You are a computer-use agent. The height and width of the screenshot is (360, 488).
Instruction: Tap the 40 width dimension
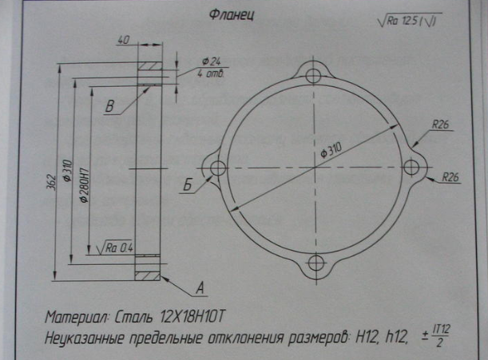coord(124,39)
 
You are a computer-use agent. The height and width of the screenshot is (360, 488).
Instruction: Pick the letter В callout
coord(111,105)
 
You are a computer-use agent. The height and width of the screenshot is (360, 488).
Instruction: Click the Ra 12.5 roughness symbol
coord(408,19)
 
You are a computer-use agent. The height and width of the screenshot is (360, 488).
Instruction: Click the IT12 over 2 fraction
coord(438,336)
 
